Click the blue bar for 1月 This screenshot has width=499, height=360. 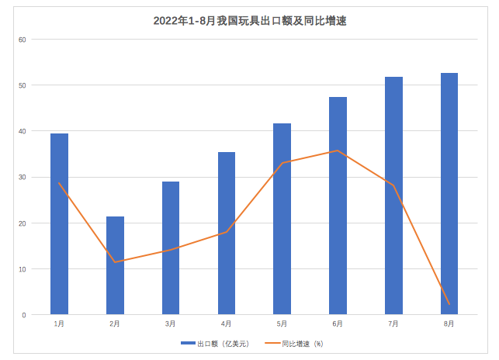59,224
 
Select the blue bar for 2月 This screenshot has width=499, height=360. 115,265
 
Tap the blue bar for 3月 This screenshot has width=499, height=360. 171,248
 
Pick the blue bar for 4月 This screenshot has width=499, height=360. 227,234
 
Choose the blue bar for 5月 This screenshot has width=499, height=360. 282,219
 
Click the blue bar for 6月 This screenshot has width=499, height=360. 338,206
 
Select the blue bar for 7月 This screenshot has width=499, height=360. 393,196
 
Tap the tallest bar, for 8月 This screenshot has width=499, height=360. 449,194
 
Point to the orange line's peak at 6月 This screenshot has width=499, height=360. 338,151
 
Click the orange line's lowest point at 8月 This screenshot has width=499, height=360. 449,304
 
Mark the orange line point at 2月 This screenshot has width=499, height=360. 115,262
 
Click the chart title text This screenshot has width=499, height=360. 250,21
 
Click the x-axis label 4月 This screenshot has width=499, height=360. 226,323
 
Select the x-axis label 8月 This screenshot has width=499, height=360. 449,323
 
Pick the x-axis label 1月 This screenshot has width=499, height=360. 59,323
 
